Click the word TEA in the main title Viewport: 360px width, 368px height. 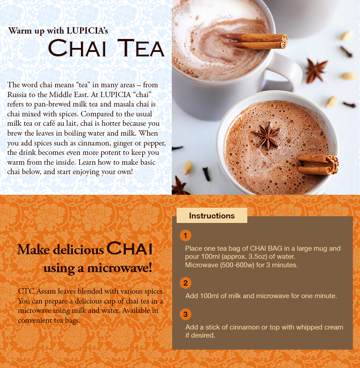click(x=141, y=48)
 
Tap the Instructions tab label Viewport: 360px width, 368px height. click(x=212, y=216)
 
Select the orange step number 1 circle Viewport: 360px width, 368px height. click(x=186, y=235)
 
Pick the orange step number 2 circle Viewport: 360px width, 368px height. click(x=186, y=283)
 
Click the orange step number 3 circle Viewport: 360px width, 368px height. click(x=186, y=314)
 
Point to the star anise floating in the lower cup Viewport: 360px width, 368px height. click(x=267, y=136)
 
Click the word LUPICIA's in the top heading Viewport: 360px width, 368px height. click(x=87, y=30)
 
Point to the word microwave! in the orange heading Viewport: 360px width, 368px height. click(x=119, y=268)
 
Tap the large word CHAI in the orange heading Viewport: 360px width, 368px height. click(x=130, y=248)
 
